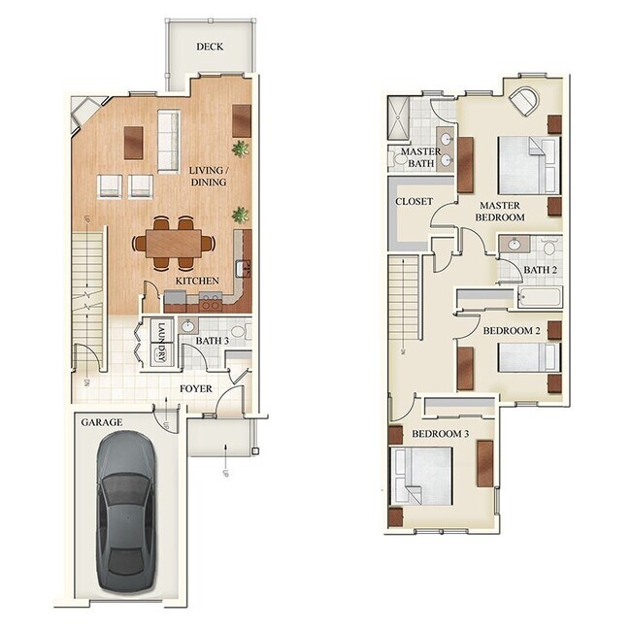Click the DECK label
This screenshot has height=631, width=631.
[211, 47]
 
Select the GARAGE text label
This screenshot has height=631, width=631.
[101, 422]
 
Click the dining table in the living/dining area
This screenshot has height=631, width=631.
[177, 243]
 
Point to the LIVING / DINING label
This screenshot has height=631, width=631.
[209, 176]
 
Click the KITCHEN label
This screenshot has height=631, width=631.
[197, 282]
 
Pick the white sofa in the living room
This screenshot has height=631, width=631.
[168, 140]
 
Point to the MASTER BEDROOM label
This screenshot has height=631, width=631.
[500, 211]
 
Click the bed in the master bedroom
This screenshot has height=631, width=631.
[527, 166]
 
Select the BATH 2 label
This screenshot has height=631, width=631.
[541, 270]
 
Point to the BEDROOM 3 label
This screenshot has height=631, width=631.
[440, 433]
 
